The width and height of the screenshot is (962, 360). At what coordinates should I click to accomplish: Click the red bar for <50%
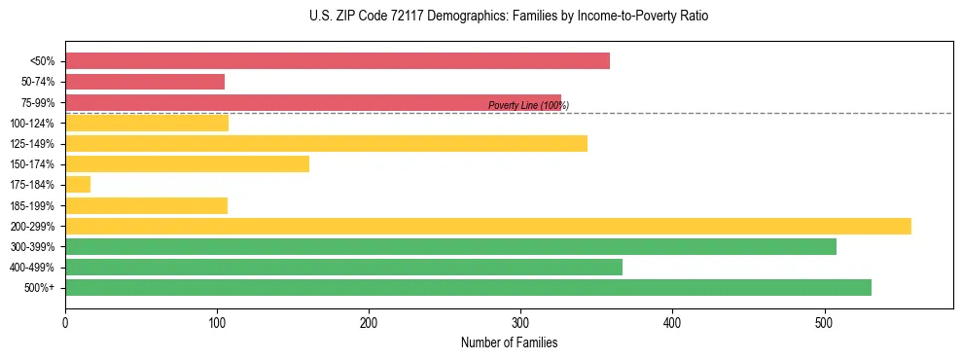click(x=338, y=61)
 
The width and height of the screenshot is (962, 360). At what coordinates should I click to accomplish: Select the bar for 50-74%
click(x=145, y=82)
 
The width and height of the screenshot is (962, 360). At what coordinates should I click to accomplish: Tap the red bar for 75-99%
click(x=313, y=102)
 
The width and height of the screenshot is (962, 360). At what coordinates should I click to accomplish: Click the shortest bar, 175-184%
click(x=78, y=185)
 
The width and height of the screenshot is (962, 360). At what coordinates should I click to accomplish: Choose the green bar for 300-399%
click(x=450, y=247)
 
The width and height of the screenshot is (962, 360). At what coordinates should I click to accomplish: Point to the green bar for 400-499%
click(x=343, y=268)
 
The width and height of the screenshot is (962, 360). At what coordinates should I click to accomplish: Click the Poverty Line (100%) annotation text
click(x=528, y=105)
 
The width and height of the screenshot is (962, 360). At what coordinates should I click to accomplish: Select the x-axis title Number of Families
click(x=509, y=343)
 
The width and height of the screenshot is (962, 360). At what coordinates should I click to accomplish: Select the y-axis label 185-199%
click(x=32, y=206)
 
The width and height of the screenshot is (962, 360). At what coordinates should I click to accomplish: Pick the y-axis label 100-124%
click(x=32, y=124)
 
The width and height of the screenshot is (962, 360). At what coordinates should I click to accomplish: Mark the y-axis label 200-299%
click(x=32, y=227)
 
